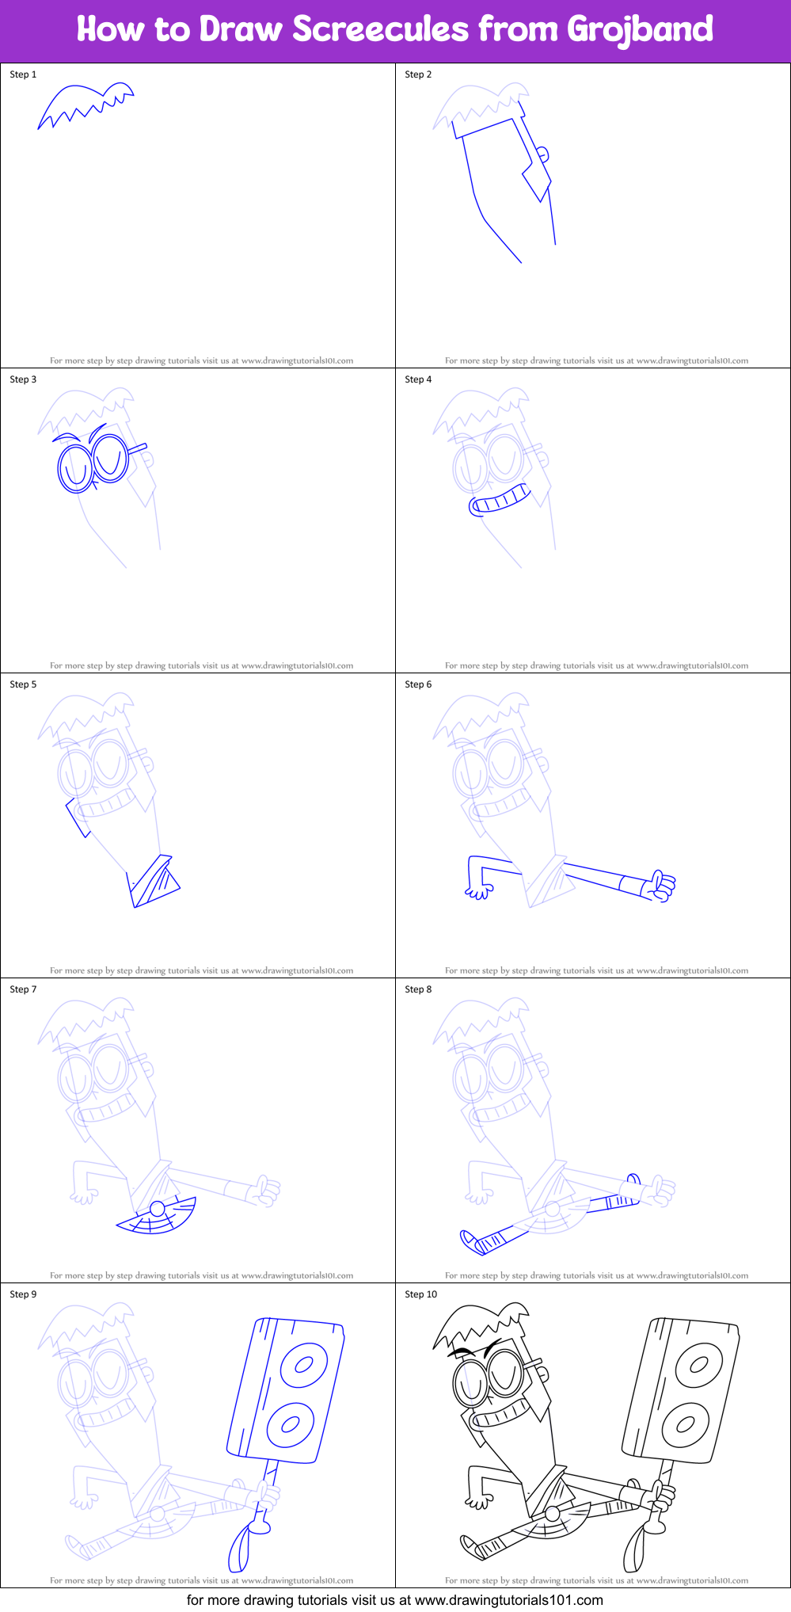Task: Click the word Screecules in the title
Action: (x=380, y=29)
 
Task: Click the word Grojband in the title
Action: (x=640, y=29)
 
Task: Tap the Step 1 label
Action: (x=23, y=74)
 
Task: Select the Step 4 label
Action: (x=418, y=379)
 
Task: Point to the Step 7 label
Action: (x=23, y=989)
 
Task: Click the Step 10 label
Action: (x=420, y=1294)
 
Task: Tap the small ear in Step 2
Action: (x=543, y=154)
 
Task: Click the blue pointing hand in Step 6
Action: (x=660, y=886)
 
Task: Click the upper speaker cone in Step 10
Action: (x=698, y=1364)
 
